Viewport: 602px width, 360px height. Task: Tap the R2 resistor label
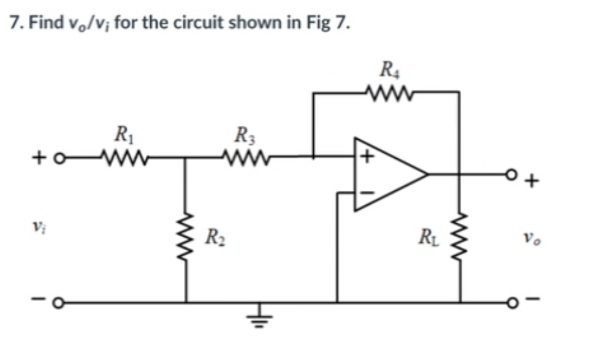pos(213,236)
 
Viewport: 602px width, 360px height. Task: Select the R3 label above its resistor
pos(244,132)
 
